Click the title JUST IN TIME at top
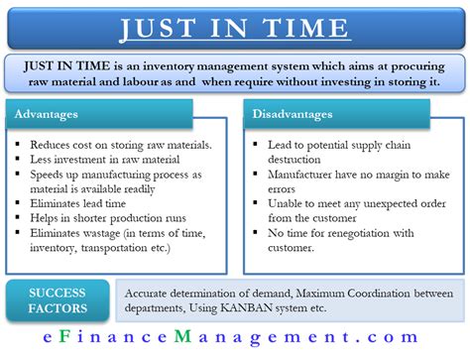click(x=234, y=26)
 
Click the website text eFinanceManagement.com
click(x=234, y=340)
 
